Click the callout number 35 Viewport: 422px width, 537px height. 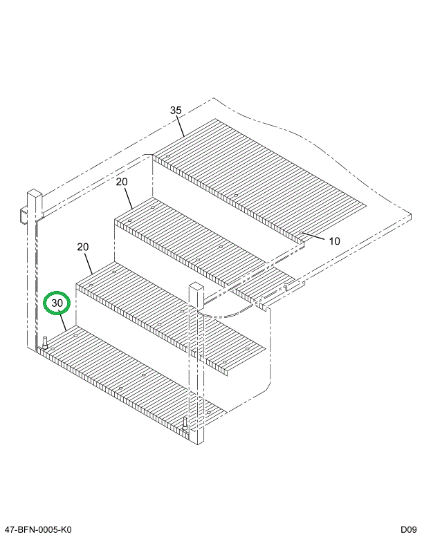[176, 110]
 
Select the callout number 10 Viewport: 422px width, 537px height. [334, 241]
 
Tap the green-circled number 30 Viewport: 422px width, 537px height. [57, 303]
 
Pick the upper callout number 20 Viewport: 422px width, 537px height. [122, 182]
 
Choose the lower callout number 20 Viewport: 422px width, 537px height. [83, 247]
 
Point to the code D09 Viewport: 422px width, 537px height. [406, 529]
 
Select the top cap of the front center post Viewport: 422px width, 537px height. [196, 286]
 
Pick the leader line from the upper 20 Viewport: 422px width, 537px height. [128, 198]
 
